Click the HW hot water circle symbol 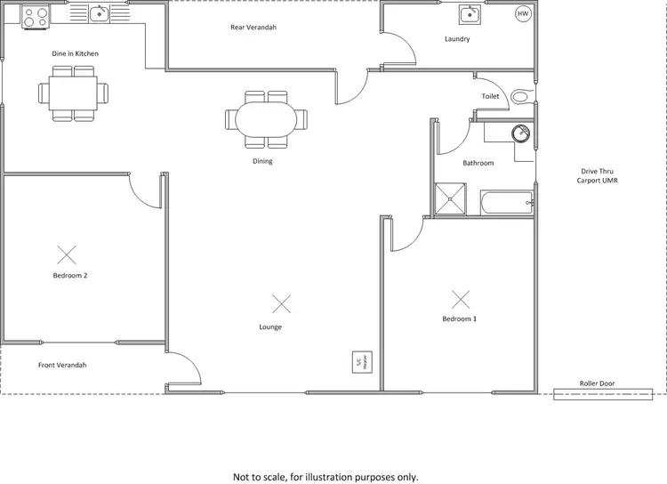coord(523,14)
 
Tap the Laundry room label coord(457,39)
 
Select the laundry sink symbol coord(470,15)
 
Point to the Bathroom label coord(478,163)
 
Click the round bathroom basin coord(520,133)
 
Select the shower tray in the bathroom coord(449,199)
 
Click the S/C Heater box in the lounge coord(360,362)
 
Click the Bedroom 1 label coord(460,319)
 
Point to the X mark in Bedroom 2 coord(67,255)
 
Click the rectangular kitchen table coord(74,93)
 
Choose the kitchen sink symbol coord(99,12)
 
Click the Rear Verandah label coord(253,28)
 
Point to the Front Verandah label coord(62,365)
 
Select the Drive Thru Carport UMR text coord(597,175)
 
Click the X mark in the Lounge coord(281,304)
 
